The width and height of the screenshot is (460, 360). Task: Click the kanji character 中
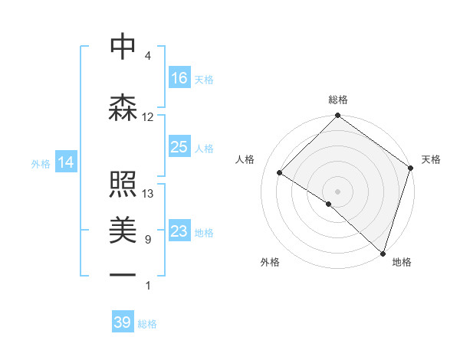coord(123,47)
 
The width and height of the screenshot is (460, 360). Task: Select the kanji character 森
coord(123,108)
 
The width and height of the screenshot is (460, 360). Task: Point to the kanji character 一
coord(123,275)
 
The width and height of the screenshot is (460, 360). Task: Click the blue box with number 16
coord(179,78)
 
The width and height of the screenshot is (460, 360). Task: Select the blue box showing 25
coord(179,147)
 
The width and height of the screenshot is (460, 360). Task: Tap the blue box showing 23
coord(179,231)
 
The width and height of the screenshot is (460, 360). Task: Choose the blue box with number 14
coord(66,162)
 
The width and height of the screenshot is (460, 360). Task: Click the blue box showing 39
coord(123,322)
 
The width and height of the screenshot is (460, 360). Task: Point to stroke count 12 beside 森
coord(148,117)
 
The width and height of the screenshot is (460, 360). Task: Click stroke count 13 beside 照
coord(148,194)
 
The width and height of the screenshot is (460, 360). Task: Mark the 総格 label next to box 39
coord(147,324)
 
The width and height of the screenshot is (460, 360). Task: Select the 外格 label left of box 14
coord(41,163)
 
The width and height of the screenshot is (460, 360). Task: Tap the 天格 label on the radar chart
coord(431,159)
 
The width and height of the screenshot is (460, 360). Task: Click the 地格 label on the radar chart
coord(402,262)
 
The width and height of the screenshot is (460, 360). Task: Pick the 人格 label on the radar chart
coord(245,159)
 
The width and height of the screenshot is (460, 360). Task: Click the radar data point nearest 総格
coord(337,116)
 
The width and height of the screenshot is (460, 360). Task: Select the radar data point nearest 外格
coord(328,204)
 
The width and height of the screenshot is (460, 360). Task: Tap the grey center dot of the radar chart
coord(337,190)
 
